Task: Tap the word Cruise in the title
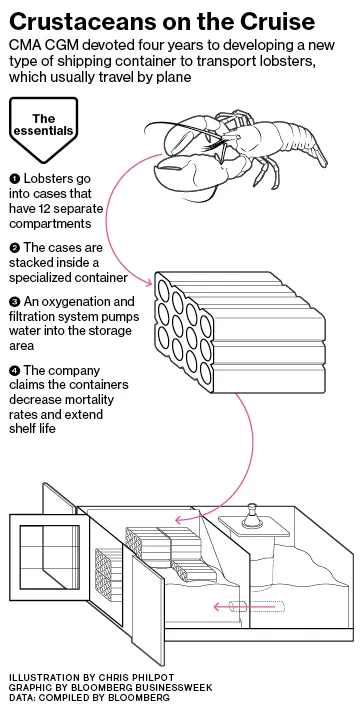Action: click(270, 22)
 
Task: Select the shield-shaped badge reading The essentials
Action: click(43, 130)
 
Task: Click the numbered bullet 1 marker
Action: click(14, 179)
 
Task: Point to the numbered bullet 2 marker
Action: click(14, 248)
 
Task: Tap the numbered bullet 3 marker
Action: click(14, 301)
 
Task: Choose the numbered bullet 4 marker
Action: click(14, 371)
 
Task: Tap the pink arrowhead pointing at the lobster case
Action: click(150, 283)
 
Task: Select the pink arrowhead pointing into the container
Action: click(180, 520)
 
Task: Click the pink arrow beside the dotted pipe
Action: click(225, 607)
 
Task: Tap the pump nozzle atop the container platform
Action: click(252, 516)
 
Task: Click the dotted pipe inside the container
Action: click(256, 607)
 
